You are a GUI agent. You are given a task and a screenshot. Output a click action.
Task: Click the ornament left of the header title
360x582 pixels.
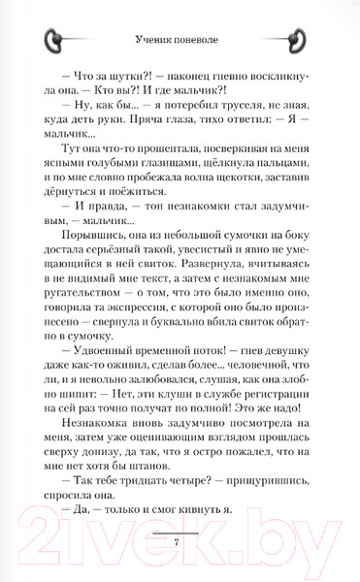pyautogui.click(x=57, y=40)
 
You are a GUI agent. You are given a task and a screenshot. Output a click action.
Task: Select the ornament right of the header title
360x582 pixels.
pyautogui.click(x=302, y=40)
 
